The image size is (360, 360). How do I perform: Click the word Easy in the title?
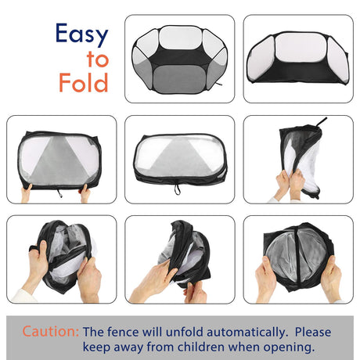tap(82, 34)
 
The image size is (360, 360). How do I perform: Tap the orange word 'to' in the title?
tap(98, 59)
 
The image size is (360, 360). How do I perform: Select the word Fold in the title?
tap(84, 82)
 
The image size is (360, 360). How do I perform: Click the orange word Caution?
tap(50, 331)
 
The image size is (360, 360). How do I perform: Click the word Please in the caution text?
tap(313, 332)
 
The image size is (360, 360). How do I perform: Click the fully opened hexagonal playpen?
tap(179, 59)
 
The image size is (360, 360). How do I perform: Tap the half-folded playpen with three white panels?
tap(298, 58)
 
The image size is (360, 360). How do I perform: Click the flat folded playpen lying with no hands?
tap(180, 160)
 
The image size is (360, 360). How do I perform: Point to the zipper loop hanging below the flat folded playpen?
tap(177, 189)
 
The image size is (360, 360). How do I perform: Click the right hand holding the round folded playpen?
tap(331, 279)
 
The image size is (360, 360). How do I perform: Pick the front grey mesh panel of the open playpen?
tap(175, 78)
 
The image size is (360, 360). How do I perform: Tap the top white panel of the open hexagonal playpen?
tap(180, 38)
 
